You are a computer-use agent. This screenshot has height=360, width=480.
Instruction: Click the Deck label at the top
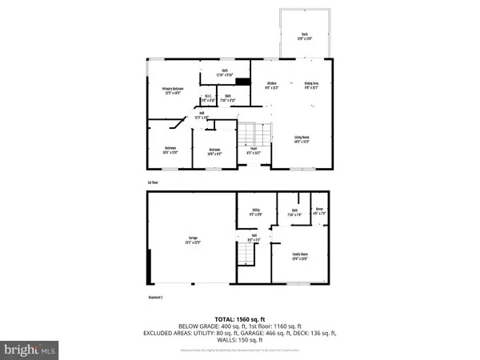point(305,34)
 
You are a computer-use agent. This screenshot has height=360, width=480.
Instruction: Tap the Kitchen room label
point(271,84)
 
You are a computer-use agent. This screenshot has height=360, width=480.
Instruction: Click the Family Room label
point(300,257)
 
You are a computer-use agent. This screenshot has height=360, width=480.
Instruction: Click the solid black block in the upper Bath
point(244,81)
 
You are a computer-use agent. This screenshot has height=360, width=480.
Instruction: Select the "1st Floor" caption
point(152,182)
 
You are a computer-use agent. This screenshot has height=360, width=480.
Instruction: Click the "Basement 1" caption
point(155,297)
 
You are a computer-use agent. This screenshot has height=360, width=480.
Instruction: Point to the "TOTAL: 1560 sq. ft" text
point(240,318)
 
